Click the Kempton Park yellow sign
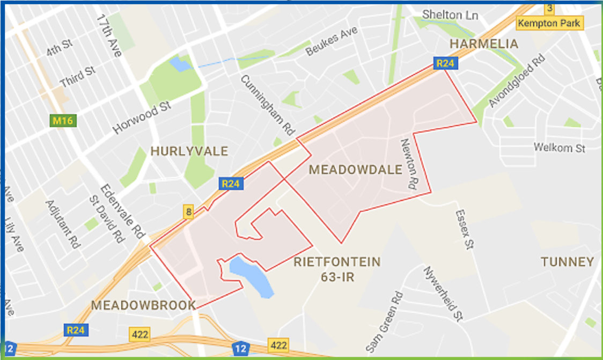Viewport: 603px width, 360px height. point(549,24)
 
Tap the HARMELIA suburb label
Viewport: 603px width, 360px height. point(484,43)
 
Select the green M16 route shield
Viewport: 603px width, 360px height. point(64,121)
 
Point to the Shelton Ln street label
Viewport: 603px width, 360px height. point(450,15)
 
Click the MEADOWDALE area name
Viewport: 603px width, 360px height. point(356,170)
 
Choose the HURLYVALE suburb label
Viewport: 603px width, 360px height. point(189,151)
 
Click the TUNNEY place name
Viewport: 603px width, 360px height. point(567,262)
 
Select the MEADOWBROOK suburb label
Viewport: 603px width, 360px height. point(143,305)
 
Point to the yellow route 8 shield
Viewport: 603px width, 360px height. point(188,211)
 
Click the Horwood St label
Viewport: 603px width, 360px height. point(143,119)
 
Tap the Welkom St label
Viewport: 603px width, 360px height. point(560,148)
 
